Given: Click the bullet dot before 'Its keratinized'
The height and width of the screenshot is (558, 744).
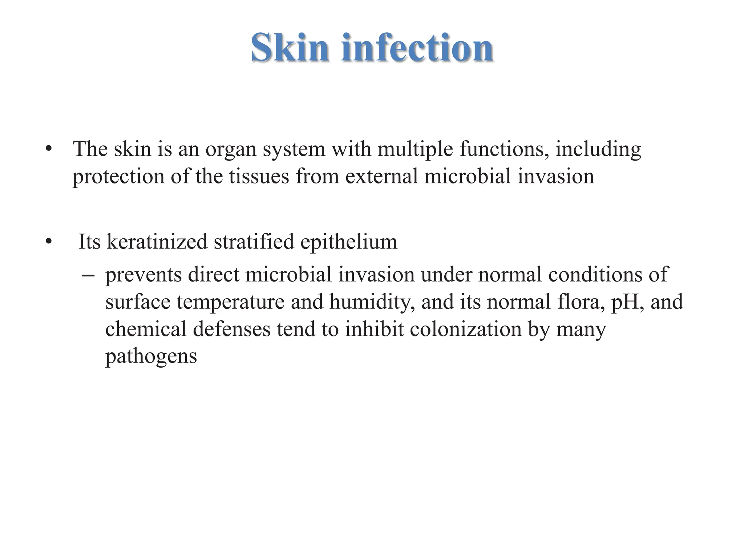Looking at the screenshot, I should coord(49,242).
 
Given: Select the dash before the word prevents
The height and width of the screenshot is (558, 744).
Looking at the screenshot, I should coord(88,275).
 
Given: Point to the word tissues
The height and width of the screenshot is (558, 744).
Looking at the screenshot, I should coord(259,177).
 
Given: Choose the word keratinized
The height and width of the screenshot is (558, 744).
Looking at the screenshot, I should coord(157,242).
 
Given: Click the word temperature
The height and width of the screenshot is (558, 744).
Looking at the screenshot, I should coord(231,302).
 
